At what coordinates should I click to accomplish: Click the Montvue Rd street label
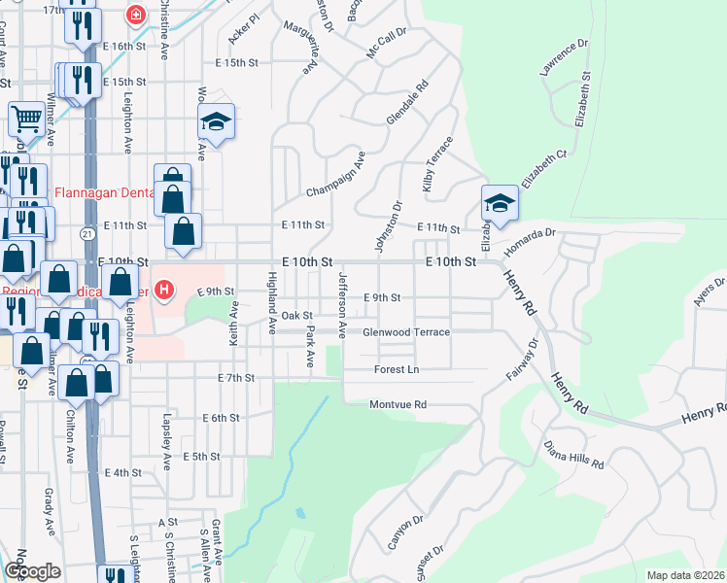(x=398, y=404)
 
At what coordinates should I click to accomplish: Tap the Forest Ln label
(x=397, y=369)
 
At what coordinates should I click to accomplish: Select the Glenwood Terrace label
(x=405, y=332)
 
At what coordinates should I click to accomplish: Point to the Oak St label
(x=296, y=316)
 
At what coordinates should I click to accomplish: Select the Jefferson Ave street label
(x=342, y=304)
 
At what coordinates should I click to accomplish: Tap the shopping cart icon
(x=26, y=119)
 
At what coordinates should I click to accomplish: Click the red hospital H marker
(x=164, y=290)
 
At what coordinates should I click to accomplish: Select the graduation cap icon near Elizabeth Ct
(x=500, y=203)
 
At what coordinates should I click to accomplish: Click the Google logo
(x=32, y=571)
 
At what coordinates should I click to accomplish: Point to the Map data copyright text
(x=685, y=575)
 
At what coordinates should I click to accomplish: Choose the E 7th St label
(x=236, y=377)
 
